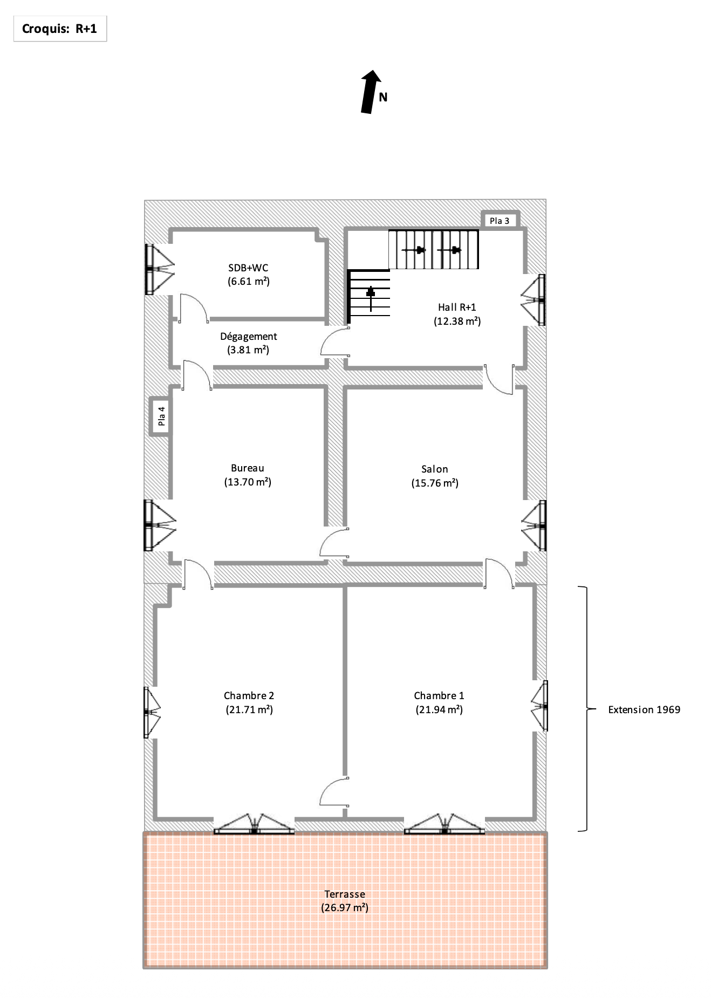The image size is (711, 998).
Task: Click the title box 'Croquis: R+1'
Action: click(x=60, y=29)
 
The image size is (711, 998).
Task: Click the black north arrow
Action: click(x=370, y=92)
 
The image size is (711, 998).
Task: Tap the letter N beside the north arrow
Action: click(x=383, y=98)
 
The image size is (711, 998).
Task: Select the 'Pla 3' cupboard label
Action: click(x=499, y=221)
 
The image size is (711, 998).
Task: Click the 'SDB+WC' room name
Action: click(x=248, y=268)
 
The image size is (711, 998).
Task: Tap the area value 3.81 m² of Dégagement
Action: click(x=248, y=350)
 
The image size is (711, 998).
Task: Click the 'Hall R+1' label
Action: click(x=457, y=307)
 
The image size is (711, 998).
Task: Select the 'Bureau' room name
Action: click(x=248, y=468)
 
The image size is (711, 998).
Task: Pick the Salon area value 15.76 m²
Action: click(x=435, y=483)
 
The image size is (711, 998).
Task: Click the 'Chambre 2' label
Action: click(x=249, y=696)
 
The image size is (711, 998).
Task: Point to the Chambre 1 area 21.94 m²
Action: click(x=439, y=709)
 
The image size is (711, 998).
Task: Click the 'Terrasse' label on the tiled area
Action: click(x=345, y=894)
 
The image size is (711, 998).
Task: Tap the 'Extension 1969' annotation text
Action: click(x=644, y=710)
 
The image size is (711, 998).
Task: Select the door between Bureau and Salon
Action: click(x=334, y=542)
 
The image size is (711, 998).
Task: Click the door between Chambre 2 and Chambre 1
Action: click(x=334, y=792)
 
